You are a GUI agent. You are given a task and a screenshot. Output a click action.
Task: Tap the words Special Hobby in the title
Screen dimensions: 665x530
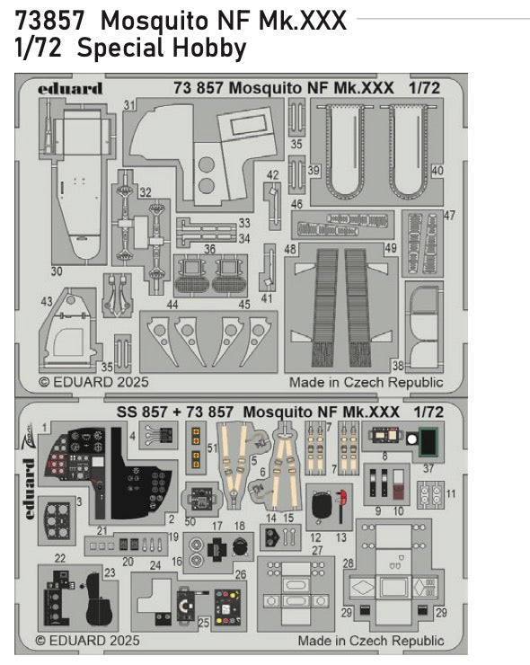(x=161, y=49)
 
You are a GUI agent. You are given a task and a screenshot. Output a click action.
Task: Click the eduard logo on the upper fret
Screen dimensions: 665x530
(x=71, y=88)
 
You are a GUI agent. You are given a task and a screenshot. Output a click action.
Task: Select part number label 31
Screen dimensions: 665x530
(x=130, y=105)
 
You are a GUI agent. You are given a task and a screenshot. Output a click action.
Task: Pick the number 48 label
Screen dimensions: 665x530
(x=290, y=248)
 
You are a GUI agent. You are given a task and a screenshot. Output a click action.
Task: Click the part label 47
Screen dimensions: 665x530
(x=450, y=215)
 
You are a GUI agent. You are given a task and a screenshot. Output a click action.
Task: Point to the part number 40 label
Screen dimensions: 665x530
(x=437, y=170)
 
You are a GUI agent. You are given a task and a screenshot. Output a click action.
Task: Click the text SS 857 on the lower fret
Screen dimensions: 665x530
(x=137, y=411)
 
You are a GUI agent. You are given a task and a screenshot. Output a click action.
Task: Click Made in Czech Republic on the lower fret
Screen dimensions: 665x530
(x=370, y=641)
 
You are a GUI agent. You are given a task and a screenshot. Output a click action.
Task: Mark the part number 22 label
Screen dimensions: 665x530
(x=60, y=558)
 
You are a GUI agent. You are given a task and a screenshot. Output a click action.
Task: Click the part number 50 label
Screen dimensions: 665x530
(x=190, y=521)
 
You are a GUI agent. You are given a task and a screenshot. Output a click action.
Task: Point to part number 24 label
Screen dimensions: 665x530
(x=155, y=566)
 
